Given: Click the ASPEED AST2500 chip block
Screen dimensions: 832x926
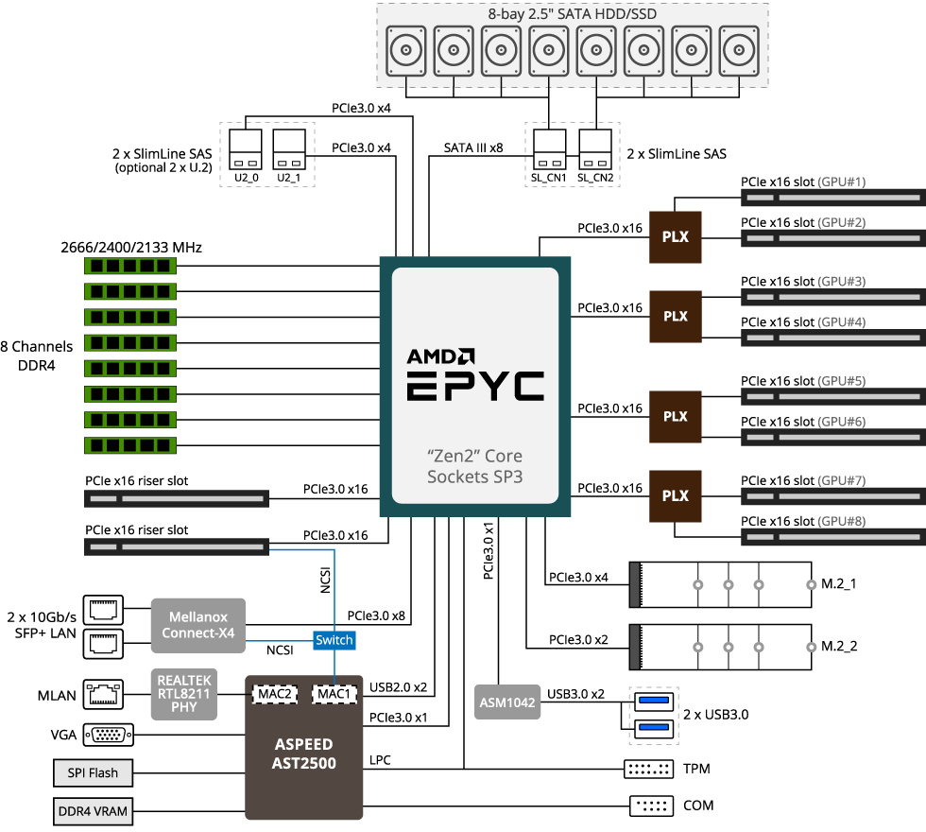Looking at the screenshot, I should coord(304,752).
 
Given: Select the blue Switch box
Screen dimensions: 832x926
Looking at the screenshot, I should coord(334,640).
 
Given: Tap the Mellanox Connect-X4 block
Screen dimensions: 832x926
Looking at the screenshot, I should coord(197,625).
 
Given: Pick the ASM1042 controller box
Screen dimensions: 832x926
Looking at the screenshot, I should coord(507,702).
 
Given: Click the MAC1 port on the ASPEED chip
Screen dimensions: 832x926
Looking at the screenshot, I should coord(335,694).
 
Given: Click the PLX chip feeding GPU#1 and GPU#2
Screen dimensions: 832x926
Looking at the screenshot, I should coord(676,237).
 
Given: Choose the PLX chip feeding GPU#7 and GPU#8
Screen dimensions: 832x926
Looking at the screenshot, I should coord(676,496).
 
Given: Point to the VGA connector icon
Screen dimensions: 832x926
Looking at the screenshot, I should coord(109,735).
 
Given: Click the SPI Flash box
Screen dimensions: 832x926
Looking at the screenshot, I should coord(93,772).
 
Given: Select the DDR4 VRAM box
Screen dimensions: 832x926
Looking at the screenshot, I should coord(93,810).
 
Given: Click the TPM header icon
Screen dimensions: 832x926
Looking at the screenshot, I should coord(648,769).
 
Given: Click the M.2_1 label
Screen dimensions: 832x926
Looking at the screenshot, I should coord(839,583).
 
